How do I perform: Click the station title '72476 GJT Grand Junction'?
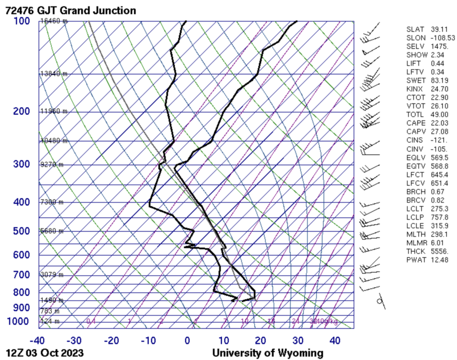coord(71,10)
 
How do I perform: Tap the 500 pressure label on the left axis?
coord(21,231)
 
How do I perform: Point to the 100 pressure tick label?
coord(21,21)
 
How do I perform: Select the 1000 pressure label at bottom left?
coord(18,322)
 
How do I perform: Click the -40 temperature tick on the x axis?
coord(37,341)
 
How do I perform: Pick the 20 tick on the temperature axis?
coord(261,341)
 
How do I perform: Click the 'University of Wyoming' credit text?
coord(267,353)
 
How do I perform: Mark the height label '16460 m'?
coord(54,21)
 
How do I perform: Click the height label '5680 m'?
coord(52,231)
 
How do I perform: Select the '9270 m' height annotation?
coord(52,165)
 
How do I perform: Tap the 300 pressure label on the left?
coord(21,165)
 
